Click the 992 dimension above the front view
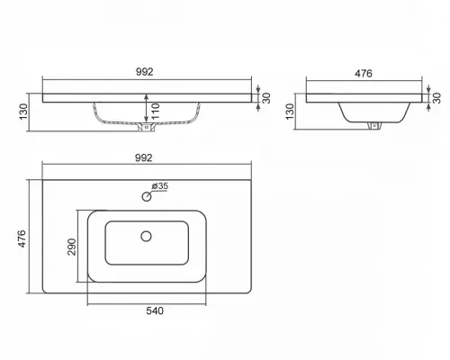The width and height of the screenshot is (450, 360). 145,72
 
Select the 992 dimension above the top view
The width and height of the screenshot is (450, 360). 144,157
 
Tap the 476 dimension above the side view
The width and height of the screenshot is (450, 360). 364,74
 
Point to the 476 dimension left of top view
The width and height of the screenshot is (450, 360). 22,238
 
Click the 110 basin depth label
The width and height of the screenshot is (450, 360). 156,112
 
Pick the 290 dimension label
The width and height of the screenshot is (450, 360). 72,247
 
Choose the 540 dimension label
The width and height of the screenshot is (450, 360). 155,311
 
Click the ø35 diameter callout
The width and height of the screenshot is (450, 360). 160,186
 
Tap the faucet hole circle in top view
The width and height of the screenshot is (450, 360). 147,197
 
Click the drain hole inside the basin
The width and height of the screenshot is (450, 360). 146,237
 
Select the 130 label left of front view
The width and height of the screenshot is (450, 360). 23,112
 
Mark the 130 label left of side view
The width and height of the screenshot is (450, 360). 290,112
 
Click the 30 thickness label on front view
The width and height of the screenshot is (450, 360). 266,98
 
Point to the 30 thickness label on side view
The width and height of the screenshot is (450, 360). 437,98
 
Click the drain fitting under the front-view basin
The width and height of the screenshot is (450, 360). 147,127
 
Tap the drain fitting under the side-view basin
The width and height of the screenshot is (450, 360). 373,126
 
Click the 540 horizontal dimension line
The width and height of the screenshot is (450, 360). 147,304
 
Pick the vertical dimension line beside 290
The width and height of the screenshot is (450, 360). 77,247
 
